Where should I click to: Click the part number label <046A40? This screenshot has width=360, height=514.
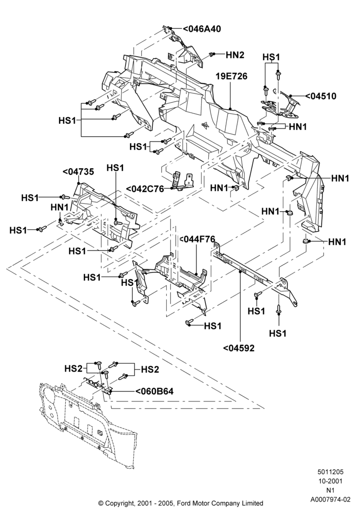coord(201,29)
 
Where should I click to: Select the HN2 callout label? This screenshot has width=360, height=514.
coord(235,55)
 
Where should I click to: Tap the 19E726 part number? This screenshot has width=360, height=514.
coord(231,77)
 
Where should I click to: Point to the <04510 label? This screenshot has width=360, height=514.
coord(320,96)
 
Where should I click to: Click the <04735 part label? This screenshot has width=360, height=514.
coord(78,172)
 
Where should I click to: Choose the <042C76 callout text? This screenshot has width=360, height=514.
coord(145,189)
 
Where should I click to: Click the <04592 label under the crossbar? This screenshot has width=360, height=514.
coord(239,348)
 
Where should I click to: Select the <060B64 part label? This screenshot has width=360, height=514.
coord(154,391)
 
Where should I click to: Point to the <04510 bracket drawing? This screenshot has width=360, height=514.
coord(280,104)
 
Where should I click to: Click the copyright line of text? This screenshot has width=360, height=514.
coord(181,503)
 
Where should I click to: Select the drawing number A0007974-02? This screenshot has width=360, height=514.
coord(331,500)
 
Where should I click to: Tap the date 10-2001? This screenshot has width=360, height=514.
coord(331,481)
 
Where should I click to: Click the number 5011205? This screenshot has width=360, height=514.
coord(331,472)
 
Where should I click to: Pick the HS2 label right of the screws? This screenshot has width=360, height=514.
coord(150,370)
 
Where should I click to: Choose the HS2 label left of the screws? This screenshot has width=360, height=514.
coord(73,369)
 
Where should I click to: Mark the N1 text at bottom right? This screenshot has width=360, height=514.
coord(331,490)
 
